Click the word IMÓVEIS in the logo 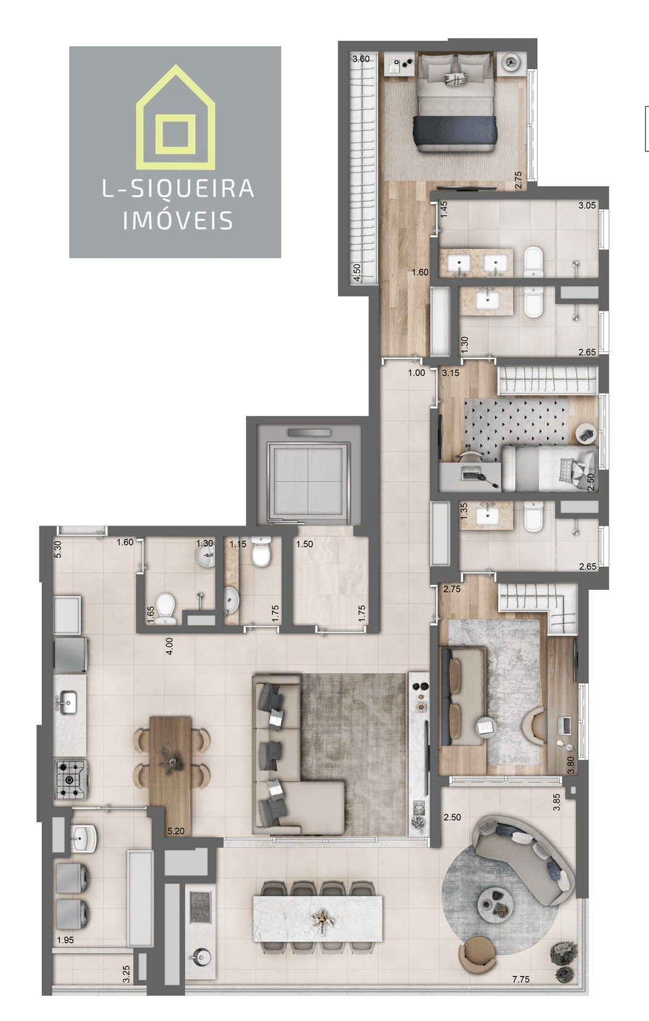[177, 221]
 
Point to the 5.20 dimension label [176, 831]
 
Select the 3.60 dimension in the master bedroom [361, 59]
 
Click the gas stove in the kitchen [72, 779]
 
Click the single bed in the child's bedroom [549, 468]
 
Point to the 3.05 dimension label [587, 205]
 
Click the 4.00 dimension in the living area [169, 646]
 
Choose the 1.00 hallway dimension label [417, 372]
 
